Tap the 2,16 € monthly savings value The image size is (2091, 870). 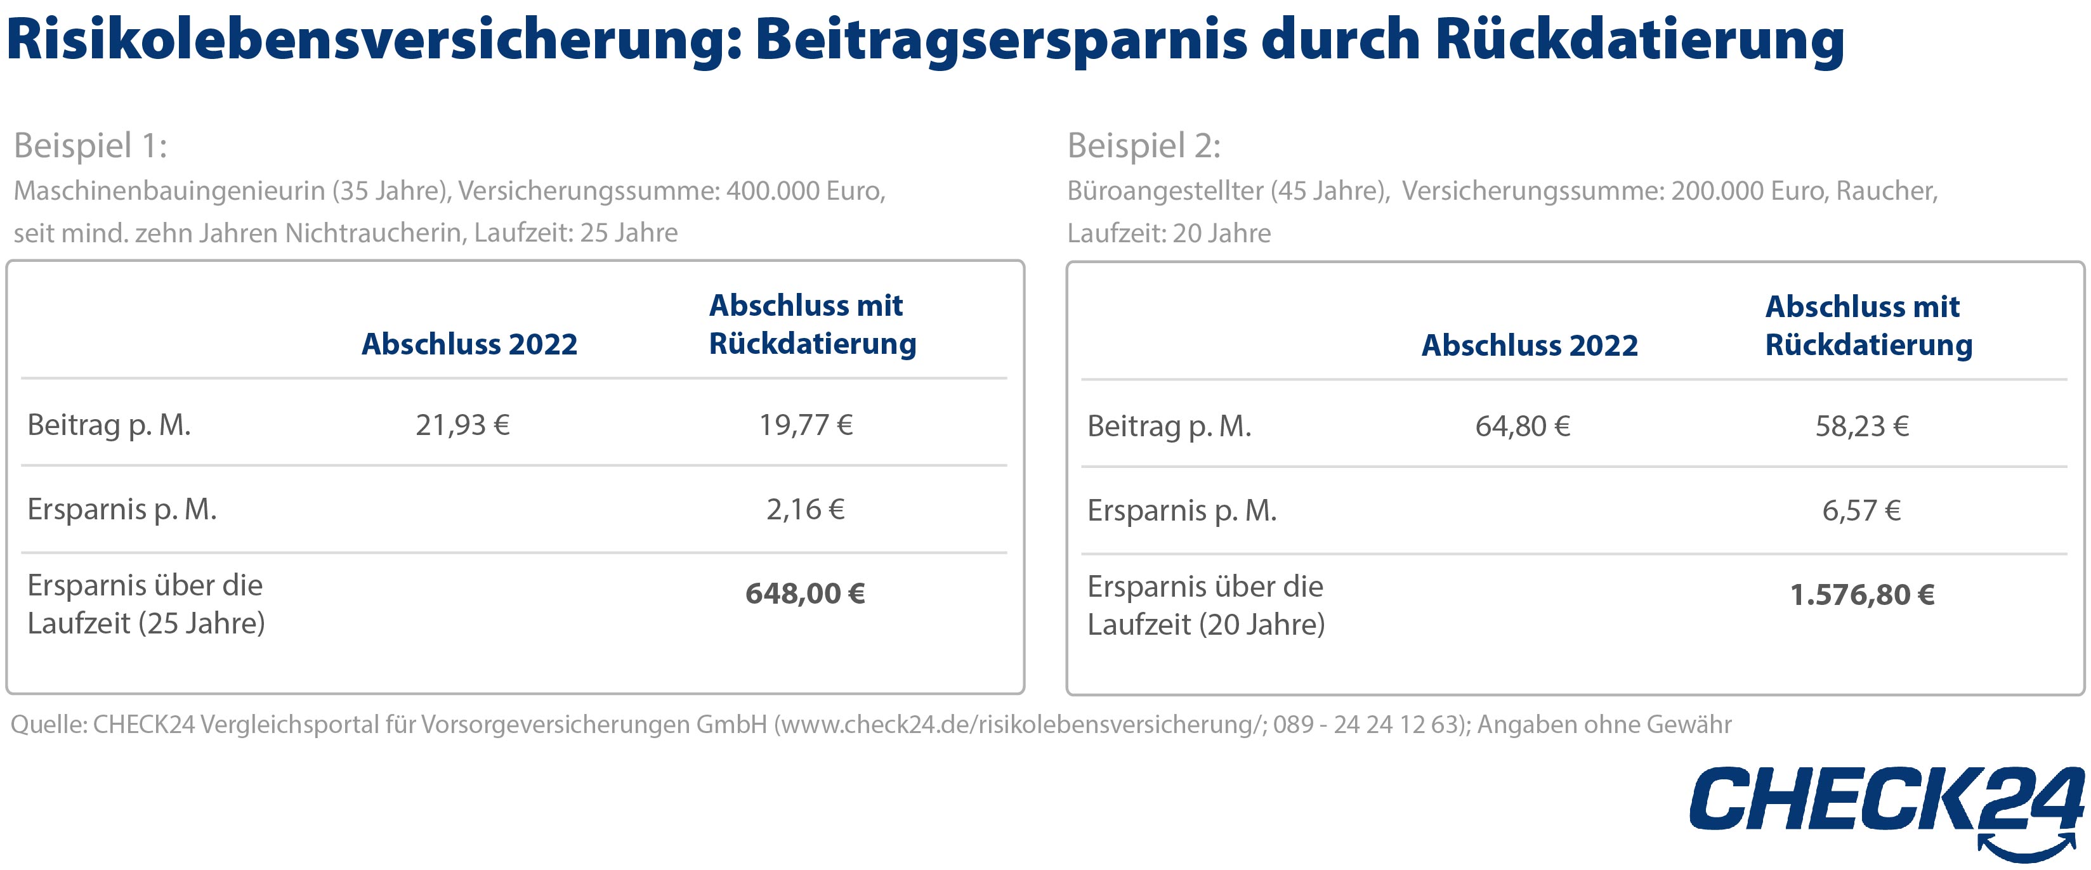point(805,510)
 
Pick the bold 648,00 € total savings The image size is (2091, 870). point(805,594)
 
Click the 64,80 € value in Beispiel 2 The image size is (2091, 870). point(1522,426)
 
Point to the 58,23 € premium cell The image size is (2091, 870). point(1862,426)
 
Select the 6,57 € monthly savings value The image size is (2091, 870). point(1861,511)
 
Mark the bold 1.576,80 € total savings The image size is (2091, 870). point(1862,595)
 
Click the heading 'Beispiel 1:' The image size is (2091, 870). point(90,146)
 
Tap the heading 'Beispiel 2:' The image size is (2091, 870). point(1144,146)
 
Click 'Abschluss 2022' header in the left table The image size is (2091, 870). point(469,344)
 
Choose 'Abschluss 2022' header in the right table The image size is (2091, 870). point(1530,346)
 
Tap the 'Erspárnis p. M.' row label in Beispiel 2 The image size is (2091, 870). point(1182,511)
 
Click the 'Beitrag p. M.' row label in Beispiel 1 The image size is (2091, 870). point(108,425)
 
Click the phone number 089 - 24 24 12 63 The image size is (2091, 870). point(1367,724)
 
